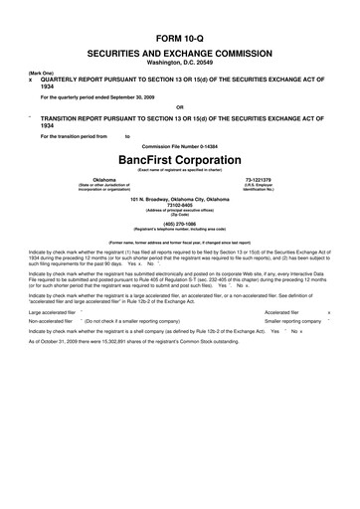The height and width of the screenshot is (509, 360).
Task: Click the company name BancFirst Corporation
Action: point(179,158)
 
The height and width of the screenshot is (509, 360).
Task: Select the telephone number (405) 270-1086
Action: point(179,225)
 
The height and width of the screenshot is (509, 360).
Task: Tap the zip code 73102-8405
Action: point(179,209)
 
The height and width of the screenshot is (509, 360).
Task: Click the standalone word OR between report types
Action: point(179,105)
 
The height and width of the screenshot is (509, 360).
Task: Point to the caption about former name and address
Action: point(179,242)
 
